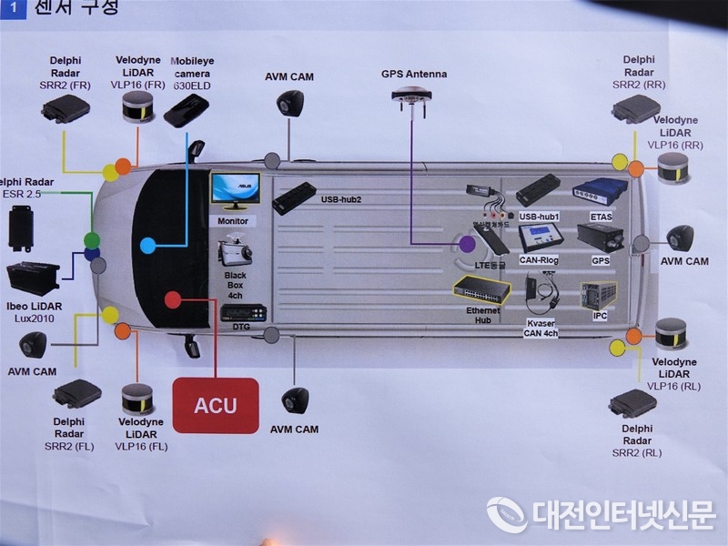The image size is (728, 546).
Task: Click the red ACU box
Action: (216, 405)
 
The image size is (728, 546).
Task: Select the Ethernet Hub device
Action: (481, 290)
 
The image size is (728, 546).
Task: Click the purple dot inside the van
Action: (467, 244)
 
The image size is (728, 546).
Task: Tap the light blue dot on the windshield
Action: (148, 245)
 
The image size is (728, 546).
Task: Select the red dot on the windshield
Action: (172, 299)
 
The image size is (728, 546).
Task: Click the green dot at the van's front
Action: (92, 239)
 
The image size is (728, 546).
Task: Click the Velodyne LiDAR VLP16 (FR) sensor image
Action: (141, 107)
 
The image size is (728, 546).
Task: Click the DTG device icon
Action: (243, 312)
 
